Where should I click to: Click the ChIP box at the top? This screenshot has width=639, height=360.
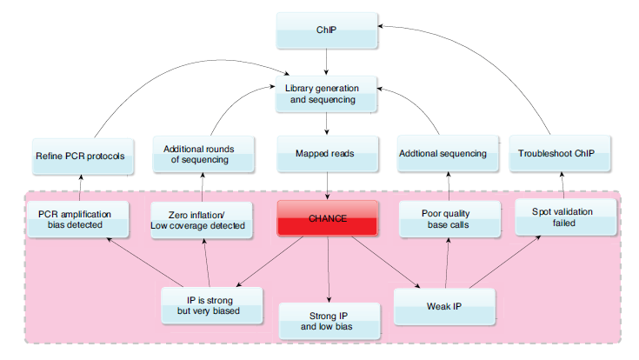326,30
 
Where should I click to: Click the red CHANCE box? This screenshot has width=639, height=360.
327,218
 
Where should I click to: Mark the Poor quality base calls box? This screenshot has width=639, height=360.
449,219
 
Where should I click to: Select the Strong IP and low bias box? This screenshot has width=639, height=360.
329,321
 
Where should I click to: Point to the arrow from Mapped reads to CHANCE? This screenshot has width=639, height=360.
326,185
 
